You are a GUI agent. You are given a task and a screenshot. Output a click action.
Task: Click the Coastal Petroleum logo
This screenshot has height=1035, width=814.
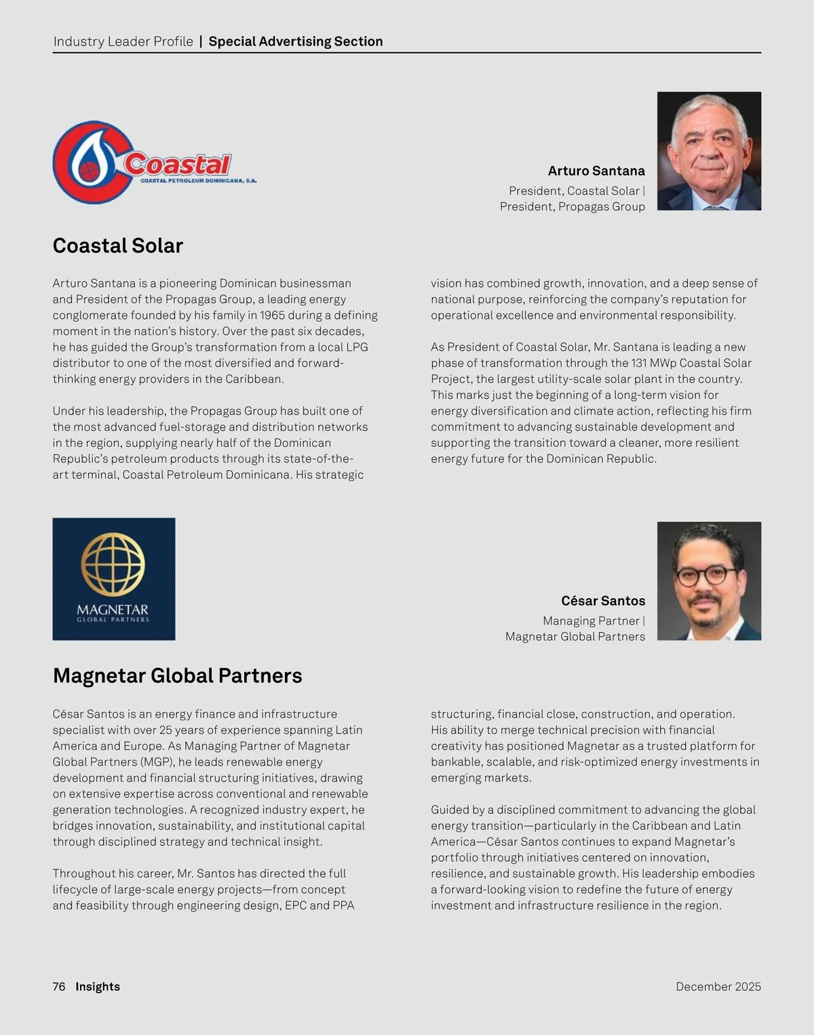(154, 163)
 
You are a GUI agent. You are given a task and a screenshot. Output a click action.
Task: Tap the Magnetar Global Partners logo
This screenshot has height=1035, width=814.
(113, 579)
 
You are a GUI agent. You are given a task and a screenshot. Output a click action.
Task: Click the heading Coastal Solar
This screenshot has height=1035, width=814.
(118, 246)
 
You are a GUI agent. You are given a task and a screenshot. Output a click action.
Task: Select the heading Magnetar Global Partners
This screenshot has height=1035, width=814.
(177, 676)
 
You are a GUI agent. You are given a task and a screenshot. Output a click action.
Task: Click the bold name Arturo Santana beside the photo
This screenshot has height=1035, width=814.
(596, 171)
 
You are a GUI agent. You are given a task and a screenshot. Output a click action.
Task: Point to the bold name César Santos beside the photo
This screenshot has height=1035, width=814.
(603, 601)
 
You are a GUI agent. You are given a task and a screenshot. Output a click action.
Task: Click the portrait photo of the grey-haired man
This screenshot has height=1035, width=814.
(709, 151)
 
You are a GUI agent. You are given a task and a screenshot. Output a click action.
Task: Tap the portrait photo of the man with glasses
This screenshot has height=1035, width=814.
(709, 581)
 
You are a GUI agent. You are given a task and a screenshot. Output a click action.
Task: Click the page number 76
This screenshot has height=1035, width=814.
(59, 986)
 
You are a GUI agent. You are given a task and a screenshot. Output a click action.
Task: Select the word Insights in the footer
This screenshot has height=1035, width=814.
(98, 986)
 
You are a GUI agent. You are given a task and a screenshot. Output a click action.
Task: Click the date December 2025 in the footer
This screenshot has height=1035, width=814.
(718, 986)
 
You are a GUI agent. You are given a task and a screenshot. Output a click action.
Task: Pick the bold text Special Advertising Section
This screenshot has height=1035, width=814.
(296, 41)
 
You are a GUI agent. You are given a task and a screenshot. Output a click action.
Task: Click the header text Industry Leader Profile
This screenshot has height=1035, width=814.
(123, 41)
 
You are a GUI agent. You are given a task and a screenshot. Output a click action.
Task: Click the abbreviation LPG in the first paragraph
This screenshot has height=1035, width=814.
(357, 347)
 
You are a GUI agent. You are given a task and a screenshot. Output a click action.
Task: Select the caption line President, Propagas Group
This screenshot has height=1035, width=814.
(573, 206)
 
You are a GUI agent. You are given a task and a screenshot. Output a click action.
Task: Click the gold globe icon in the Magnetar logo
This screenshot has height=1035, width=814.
(113, 564)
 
